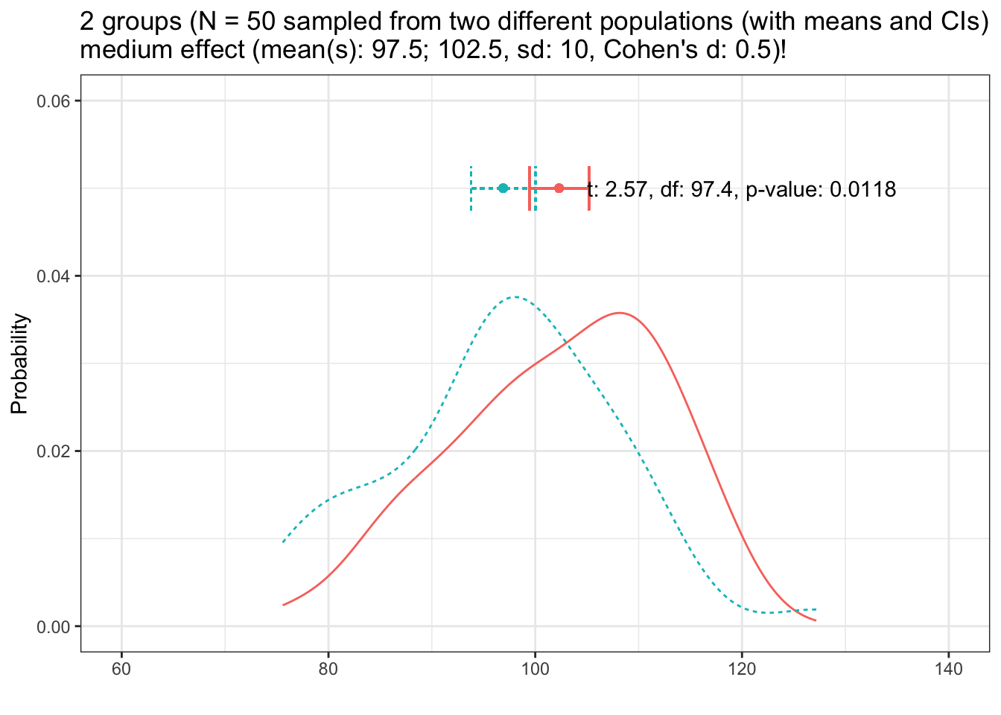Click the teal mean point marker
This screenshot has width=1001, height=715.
tap(503, 188)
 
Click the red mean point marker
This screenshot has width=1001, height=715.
tap(559, 188)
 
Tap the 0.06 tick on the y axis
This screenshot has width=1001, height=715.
tap(54, 101)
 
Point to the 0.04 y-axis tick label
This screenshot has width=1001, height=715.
tap(54, 276)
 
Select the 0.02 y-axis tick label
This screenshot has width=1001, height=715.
tap(54, 451)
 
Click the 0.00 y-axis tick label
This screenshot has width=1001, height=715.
tap(54, 626)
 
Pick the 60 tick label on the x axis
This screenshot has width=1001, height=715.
tap(121, 669)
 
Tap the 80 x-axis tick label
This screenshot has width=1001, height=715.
tap(328, 669)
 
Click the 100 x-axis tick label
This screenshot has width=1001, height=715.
tap(535, 669)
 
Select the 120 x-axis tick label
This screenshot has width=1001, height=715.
tap(742, 669)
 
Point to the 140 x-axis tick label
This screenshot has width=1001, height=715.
tap(948, 669)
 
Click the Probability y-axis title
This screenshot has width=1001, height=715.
tap(20, 363)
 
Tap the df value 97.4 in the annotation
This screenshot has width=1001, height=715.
tap(716, 190)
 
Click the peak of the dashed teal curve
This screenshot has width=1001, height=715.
tap(515, 297)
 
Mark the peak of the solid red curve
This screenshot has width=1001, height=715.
tap(619, 313)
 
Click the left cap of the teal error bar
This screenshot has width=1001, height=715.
tap(471, 188)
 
